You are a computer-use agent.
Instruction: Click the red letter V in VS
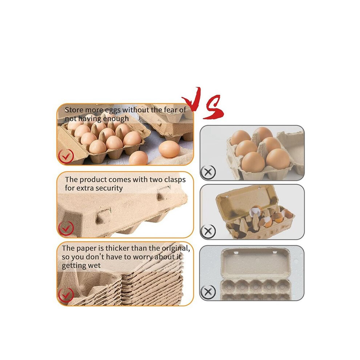[x=192, y=99]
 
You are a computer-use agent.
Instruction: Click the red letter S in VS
[x=214, y=107]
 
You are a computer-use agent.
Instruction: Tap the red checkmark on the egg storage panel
[x=66, y=156]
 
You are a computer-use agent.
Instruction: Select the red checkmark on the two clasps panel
[x=66, y=228]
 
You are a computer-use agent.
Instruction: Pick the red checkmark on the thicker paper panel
[x=66, y=295]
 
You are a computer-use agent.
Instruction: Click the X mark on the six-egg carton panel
[x=208, y=172]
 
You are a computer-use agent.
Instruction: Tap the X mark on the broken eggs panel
[x=208, y=231]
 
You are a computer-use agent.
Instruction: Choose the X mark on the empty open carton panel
[x=208, y=292]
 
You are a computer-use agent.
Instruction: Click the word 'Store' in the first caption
[x=74, y=110]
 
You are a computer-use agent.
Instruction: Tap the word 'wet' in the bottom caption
[x=95, y=266]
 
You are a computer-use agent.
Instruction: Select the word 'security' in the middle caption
[x=109, y=188]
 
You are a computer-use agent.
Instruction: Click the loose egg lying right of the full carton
[x=169, y=149]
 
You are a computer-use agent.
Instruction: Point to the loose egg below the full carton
[x=139, y=158]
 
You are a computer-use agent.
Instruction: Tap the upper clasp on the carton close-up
[x=163, y=193]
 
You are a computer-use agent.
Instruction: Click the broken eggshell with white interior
[x=256, y=211]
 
